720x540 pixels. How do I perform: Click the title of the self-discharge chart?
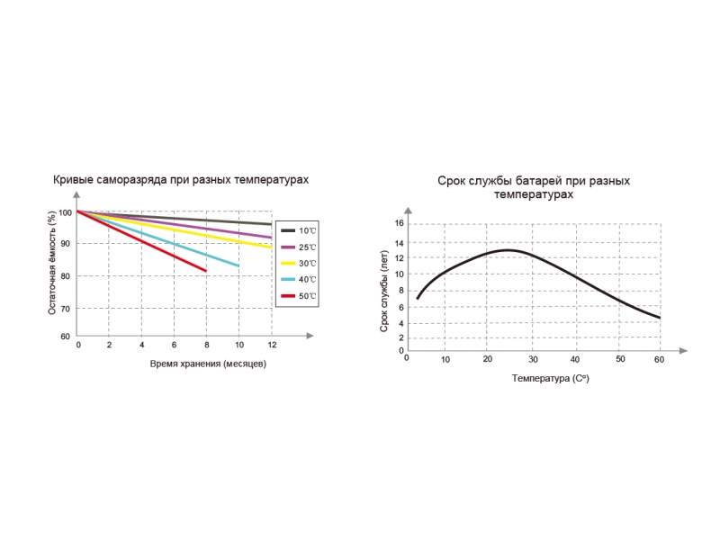(x=181, y=180)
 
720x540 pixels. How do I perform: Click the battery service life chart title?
(x=534, y=187)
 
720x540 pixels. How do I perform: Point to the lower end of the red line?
(x=206, y=270)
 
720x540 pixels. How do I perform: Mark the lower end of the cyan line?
(x=238, y=265)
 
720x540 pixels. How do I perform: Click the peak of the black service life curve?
(x=507, y=249)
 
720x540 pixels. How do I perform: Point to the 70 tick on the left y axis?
(x=66, y=309)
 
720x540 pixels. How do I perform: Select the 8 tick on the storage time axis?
(x=206, y=346)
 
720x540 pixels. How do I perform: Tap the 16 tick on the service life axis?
(x=400, y=223)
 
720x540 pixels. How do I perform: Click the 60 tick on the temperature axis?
(x=659, y=360)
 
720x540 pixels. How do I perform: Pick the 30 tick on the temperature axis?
(x=532, y=360)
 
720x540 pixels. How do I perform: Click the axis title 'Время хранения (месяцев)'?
(x=208, y=364)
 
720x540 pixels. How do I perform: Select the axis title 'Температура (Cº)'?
(x=551, y=379)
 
